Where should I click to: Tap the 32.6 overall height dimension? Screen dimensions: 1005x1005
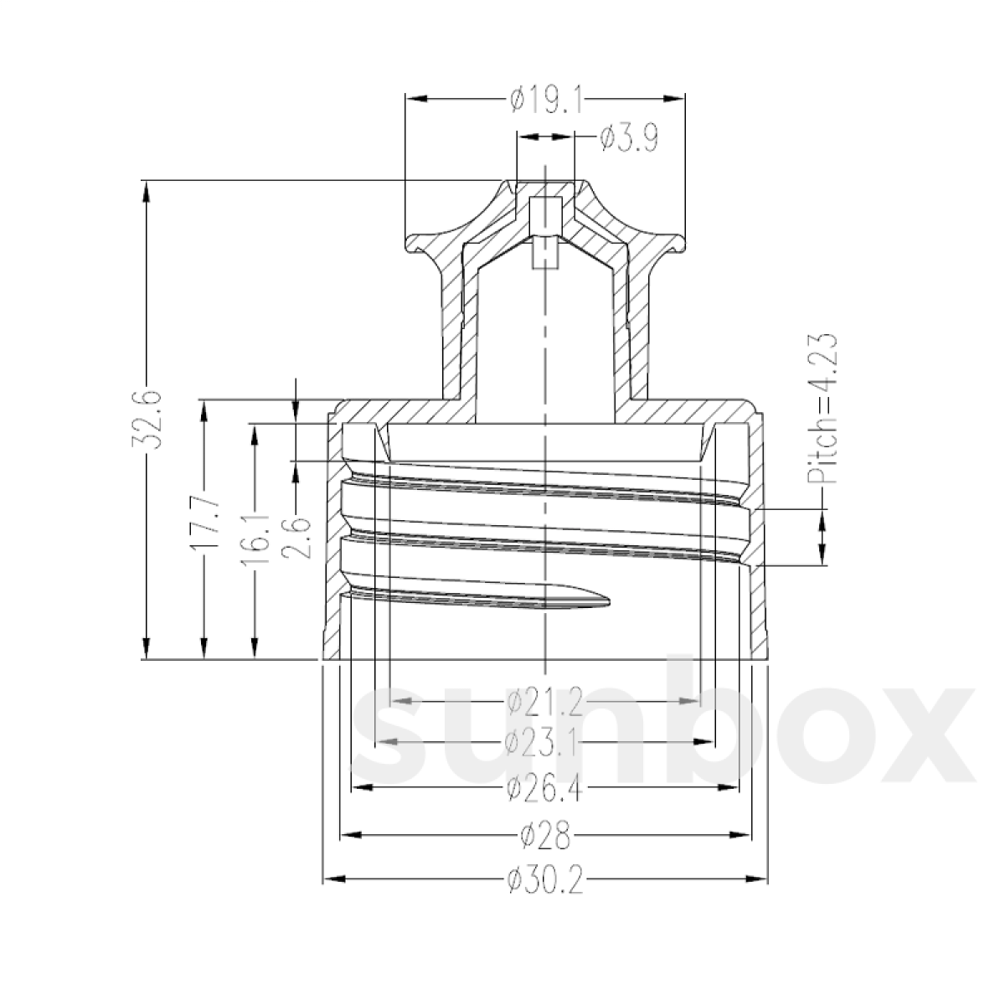click(148, 420)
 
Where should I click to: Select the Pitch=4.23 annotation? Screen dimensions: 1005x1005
click(823, 410)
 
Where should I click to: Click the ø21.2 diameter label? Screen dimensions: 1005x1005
click(544, 701)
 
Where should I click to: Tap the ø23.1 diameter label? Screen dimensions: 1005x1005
click(544, 742)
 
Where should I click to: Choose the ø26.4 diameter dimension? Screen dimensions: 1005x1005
click(544, 787)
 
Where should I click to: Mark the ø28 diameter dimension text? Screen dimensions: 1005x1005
click(544, 835)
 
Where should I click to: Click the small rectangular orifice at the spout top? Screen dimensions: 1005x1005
click(545, 208)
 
